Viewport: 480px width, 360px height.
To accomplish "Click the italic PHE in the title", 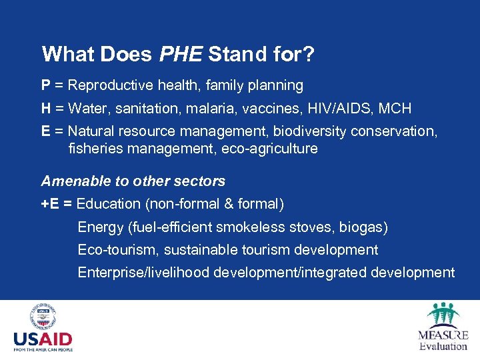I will click(x=182, y=54).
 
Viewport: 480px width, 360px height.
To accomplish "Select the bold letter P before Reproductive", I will click(x=46, y=85).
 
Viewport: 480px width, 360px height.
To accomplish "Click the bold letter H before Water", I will click(x=46, y=108).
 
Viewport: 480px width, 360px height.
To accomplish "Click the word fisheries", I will click(x=94, y=149).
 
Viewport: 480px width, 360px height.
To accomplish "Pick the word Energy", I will click(x=101, y=227).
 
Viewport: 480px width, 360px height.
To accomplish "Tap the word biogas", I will click(x=363, y=227).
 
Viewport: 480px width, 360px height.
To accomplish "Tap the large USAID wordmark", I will click(x=43, y=339).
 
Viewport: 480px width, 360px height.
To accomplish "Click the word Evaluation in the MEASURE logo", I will click(x=443, y=345).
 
